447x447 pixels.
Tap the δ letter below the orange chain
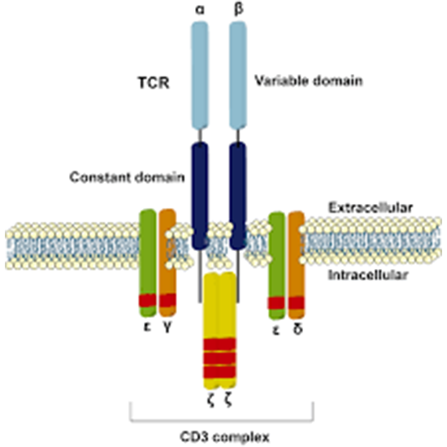(297, 332)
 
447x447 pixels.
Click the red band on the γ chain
(167, 301)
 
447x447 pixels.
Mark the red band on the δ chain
(296, 304)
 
